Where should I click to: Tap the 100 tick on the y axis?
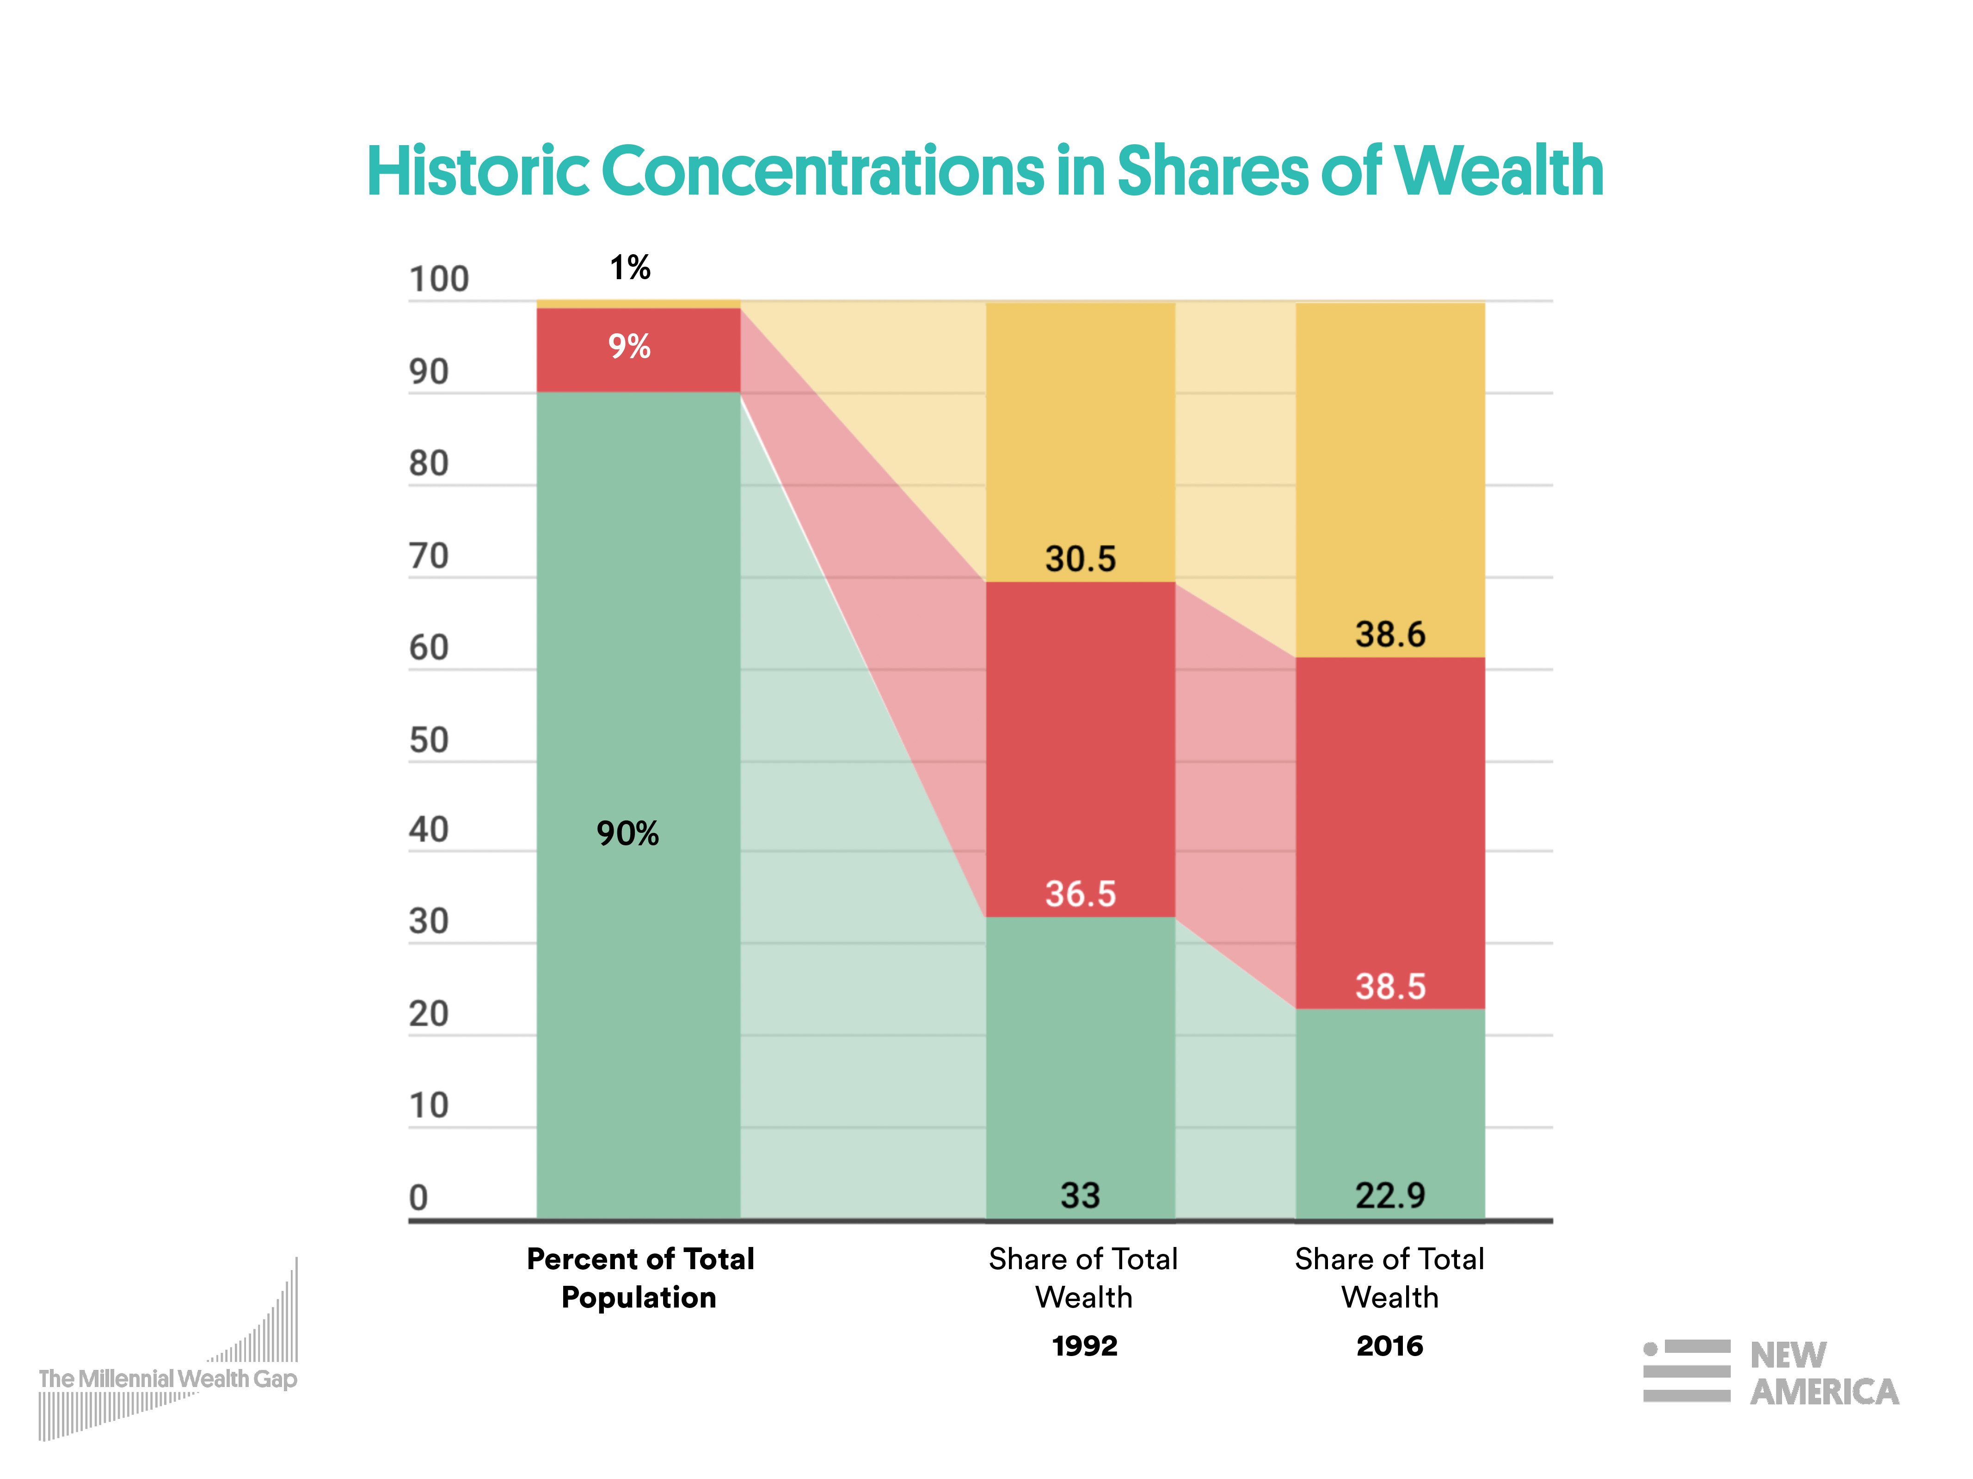(438, 280)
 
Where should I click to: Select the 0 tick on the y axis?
(418, 1197)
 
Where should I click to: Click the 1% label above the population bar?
(630, 268)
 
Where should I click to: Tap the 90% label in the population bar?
(628, 833)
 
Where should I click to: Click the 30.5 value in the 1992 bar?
(1080, 559)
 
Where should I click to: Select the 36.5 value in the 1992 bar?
(1080, 893)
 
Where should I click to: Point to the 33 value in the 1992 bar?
(1080, 1196)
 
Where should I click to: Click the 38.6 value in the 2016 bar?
(1389, 635)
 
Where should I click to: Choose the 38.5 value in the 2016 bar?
(1389, 986)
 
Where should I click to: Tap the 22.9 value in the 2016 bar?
(1389, 1196)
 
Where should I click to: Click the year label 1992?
(1084, 1345)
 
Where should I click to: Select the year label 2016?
(1389, 1345)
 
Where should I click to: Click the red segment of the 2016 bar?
(1389, 820)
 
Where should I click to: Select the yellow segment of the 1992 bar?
(1080, 428)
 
